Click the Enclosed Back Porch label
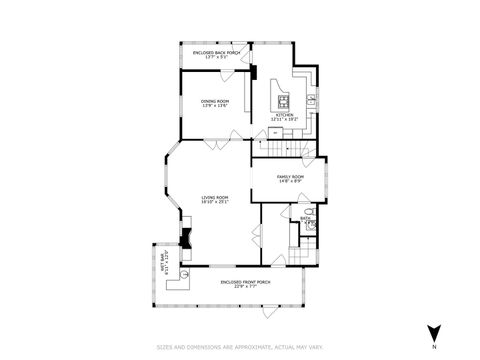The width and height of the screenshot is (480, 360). [x=215, y=54]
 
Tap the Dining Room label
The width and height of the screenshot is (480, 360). [x=214, y=103]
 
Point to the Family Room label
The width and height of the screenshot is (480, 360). [x=290, y=179]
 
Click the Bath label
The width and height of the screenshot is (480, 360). [x=304, y=218]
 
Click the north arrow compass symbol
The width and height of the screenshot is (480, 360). [x=433, y=332]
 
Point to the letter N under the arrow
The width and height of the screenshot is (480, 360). [x=433, y=346]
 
